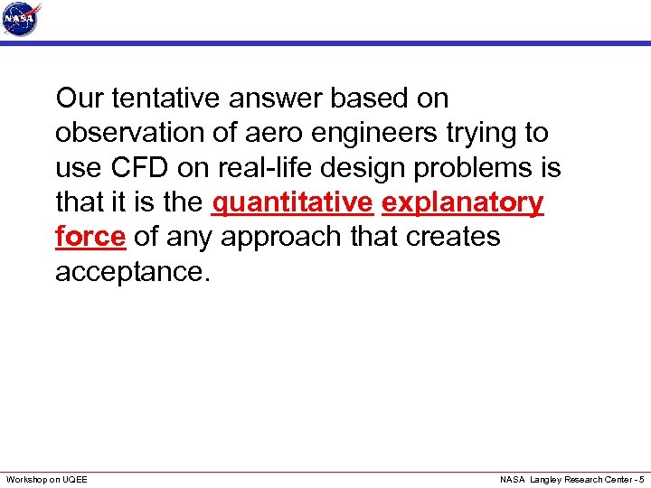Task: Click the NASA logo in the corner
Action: point(22,19)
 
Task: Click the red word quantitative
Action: point(291,202)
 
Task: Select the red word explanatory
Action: point(463,202)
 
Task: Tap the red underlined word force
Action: point(90,237)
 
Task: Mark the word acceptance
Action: point(132,271)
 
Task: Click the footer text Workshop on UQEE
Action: point(47,479)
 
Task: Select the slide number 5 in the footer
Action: point(641,479)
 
